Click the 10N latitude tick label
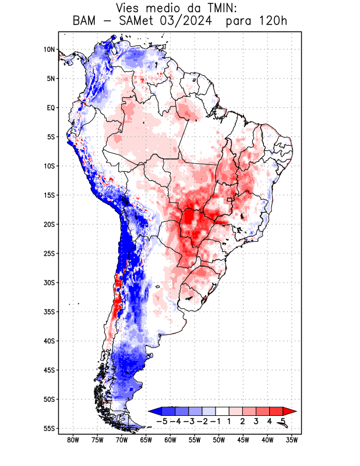point(49,50)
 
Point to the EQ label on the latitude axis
point(50,108)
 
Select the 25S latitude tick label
point(49,253)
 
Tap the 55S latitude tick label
point(49,428)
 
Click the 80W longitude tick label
point(73,440)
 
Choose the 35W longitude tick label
point(292,440)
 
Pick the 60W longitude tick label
point(171,440)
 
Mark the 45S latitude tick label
point(49,370)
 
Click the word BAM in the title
point(86,22)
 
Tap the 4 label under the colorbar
point(270,421)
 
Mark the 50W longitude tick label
point(219,440)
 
